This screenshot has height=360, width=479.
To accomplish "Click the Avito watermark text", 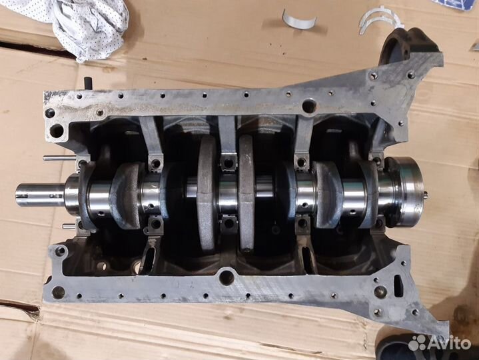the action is point(449,343).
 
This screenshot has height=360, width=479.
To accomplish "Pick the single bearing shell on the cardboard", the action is point(298,19).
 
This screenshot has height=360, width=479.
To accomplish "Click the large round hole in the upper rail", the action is point(309,107).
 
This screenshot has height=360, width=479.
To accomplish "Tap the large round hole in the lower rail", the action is point(227,277).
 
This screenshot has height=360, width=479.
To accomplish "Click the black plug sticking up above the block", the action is point(88,83).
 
